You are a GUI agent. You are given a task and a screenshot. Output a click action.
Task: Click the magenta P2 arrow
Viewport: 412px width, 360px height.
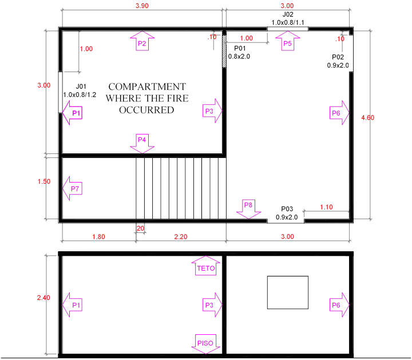(x=142, y=42)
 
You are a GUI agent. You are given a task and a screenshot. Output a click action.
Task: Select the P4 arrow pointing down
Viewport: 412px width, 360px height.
(x=142, y=143)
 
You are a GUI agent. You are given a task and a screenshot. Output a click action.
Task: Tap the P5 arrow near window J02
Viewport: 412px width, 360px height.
(x=287, y=42)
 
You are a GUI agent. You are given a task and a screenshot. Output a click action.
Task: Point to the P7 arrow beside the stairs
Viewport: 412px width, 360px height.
(x=73, y=188)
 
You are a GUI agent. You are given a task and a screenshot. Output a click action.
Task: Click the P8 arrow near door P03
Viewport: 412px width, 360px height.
(x=248, y=209)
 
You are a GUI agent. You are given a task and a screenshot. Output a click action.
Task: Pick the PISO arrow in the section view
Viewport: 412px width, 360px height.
(x=205, y=343)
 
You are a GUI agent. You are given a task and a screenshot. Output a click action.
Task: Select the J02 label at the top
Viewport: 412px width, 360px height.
(x=287, y=14)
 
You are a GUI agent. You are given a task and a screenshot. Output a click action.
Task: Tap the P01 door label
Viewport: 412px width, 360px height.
(x=239, y=49)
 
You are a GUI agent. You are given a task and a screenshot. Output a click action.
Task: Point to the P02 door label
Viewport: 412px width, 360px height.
(x=338, y=57)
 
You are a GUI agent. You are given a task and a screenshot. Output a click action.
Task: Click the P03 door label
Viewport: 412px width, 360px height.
(x=287, y=209)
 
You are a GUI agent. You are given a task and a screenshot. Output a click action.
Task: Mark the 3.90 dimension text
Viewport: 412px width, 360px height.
(x=142, y=6)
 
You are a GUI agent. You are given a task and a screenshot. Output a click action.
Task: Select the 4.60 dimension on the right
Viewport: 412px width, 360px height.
(x=367, y=117)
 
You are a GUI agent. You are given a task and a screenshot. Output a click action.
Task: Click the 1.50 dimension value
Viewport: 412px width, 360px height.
(x=43, y=181)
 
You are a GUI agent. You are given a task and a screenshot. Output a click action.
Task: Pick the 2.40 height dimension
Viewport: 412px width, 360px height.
(x=43, y=298)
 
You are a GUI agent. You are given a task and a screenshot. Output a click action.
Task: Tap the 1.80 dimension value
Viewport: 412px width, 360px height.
(x=98, y=236)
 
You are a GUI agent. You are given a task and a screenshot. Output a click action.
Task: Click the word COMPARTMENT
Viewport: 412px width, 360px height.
(x=147, y=87)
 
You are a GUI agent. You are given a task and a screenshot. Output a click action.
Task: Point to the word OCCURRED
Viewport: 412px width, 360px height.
(x=146, y=110)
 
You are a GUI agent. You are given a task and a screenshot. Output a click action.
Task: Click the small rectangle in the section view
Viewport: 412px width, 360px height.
(x=288, y=292)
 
